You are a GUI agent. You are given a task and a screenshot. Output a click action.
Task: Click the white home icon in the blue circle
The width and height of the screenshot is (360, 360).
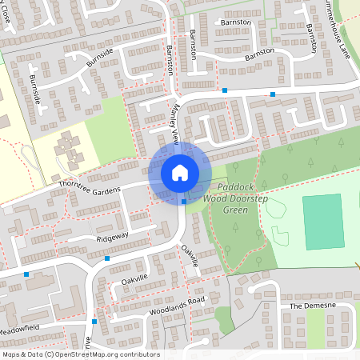point(179,172)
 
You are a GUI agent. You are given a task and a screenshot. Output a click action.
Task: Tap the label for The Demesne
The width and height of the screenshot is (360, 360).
point(310,306)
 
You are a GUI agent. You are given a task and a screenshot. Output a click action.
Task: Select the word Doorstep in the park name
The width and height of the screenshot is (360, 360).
point(249,198)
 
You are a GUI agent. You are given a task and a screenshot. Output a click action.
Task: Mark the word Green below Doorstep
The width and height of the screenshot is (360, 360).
point(234,210)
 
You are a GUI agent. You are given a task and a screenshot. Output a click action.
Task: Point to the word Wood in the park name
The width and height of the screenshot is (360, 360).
point(215,198)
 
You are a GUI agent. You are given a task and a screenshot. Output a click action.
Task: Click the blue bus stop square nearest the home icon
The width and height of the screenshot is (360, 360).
point(184,202)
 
